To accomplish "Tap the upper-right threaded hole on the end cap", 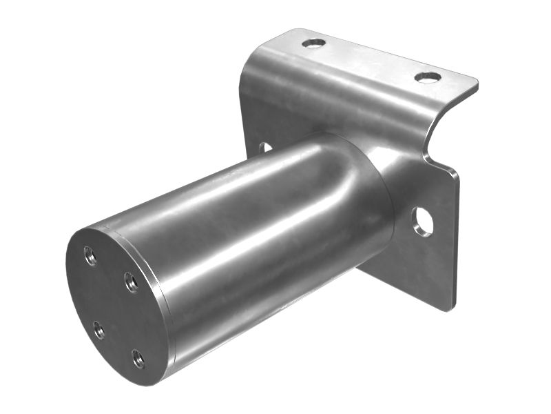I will click(130, 281).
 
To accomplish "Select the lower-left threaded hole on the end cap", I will click(99, 331).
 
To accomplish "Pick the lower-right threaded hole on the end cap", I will click(138, 357).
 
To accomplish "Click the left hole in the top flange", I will click(313, 43).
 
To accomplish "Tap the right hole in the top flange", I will click(428, 77).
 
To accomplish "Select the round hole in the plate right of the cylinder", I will click(422, 221).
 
